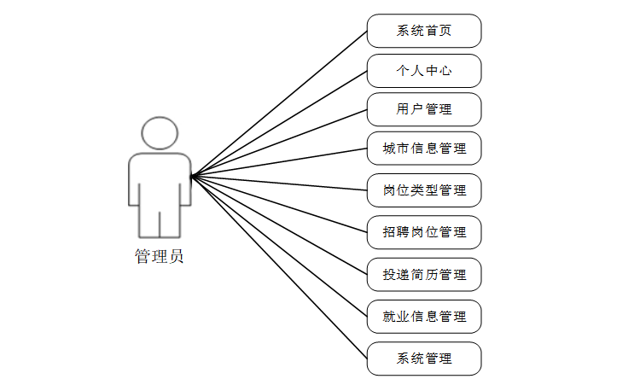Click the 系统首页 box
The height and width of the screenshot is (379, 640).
pyautogui.click(x=424, y=31)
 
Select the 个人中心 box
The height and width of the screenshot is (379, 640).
pyautogui.click(x=424, y=71)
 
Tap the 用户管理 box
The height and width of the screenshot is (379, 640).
pyautogui.click(x=424, y=109)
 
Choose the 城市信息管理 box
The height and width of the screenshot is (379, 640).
pyautogui.click(x=424, y=149)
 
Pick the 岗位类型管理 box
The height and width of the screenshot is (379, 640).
pyautogui.click(x=424, y=189)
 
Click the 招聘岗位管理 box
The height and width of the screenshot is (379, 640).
pyautogui.click(x=424, y=231)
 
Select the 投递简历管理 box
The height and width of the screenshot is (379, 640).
pyautogui.click(x=424, y=274)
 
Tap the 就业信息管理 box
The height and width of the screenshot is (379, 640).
pyautogui.click(x=424, y=316)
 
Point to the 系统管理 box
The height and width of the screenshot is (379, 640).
pyautogui.click(x=424, y=359)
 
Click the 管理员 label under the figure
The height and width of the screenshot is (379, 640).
pyautogui.click(x=159, y=256)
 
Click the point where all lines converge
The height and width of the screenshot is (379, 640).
pyautogui.click(x=192, y=177)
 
